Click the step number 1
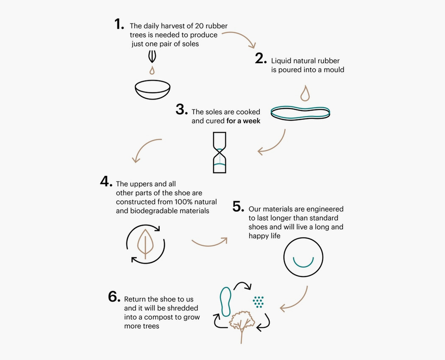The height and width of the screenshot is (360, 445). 119,24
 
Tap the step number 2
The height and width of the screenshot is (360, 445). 261,58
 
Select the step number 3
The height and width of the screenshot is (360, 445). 182,110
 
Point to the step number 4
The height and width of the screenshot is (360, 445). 106,181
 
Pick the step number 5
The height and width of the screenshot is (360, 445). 238,207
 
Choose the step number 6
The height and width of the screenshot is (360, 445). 114,297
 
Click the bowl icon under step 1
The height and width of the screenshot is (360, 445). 153,90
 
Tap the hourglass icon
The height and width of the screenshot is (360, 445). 220,152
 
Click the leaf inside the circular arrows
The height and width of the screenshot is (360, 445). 145,244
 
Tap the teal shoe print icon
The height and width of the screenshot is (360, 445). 225,302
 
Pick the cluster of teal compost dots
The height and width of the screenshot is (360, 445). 258,302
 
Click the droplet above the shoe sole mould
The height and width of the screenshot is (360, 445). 305,93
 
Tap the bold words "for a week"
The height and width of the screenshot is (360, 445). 243,121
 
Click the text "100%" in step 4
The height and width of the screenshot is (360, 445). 184,202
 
